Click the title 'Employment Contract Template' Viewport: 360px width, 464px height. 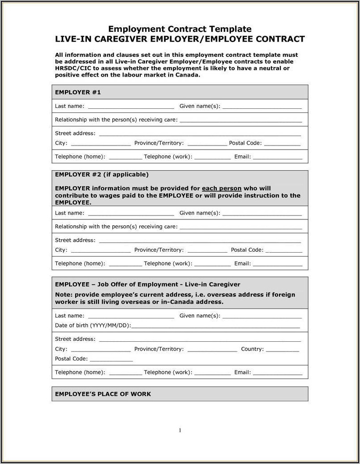pyautogui.click(x=180, y=29)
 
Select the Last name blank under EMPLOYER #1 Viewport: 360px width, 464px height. pyautogui.click(x=131, y=107)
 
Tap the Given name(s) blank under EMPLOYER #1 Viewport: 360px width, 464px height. pyautogui.click(x=262, y=107)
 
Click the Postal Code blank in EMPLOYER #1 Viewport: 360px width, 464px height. pyautogui.click(x=282, y=144)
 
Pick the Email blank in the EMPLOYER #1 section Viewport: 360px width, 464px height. pyautogui.click(x=278, y=157)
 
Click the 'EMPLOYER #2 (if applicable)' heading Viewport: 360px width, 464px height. pyautogui.click(x=102, y=174)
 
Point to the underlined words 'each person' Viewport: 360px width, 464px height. pyautogui.click(x=222, y=188)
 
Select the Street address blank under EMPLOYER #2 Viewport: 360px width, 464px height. pyautogui.click(x=200, y=241)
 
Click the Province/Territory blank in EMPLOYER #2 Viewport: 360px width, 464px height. pyautogui.click(x=207, y=250)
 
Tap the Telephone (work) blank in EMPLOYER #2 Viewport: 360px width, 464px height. pyautogui.click(x=213, y=264)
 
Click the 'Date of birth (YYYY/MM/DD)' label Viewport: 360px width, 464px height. pyautogui.click(x=93, y=326)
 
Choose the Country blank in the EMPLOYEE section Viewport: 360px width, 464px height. pyautogui.click(x=282, y=349)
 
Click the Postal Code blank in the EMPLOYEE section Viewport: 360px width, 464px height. pyautogui.click(x=111, y=359)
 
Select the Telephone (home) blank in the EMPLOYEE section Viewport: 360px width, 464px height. pyautogui.click(x=125, y=373)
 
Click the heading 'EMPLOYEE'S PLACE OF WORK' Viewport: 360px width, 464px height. pyautogui.click(x=103, y=394)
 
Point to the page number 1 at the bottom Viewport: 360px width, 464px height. pyautogui.click(x=180, y=430)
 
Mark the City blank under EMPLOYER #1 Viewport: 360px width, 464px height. pyautogui.click(x=101, y=144)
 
